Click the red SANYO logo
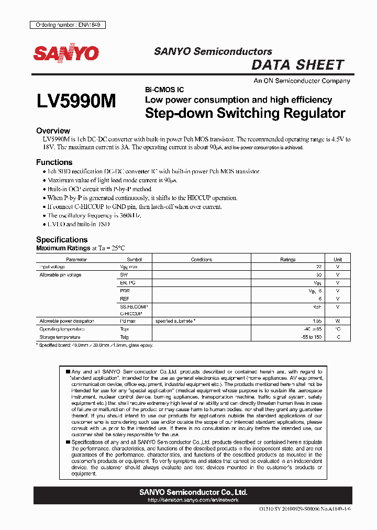pos(66,53)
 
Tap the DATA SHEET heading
pos(297,65)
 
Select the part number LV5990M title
pos(76,102)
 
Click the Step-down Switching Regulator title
pos(245,113)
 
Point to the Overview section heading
pos(53,130)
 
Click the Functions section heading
pos(54,162)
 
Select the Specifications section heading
pos(61,240)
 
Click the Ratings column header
pos(287,259)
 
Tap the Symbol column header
pos(134,259)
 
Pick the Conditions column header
pos(201,259)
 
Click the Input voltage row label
pos(52,267)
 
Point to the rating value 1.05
pos(316,321)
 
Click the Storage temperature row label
pos(60,337)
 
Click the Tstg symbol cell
pos(124,337)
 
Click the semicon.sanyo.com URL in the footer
pos(193,500)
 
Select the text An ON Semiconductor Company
pos(302,81)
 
